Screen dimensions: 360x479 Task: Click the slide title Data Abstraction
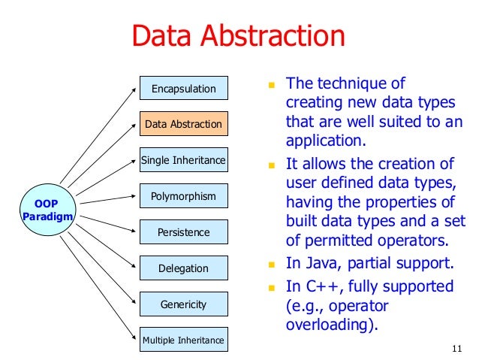tap(238, 36)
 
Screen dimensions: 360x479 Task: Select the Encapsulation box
tap(183, 89)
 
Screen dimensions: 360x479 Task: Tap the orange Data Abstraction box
tap(183, 124)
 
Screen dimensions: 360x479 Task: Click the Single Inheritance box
tap(183, 160)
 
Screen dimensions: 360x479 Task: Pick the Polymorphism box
tap(183, 196)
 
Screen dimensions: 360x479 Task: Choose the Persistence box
tap(183, 232)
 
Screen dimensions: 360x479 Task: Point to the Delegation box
tap(183, 268)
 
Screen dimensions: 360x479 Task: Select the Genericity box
tap(183, 304)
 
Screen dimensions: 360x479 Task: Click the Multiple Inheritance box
tap(183, 340)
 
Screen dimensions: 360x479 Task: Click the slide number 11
tap(456, 347)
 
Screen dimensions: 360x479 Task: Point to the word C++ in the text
tap(320, 286)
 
